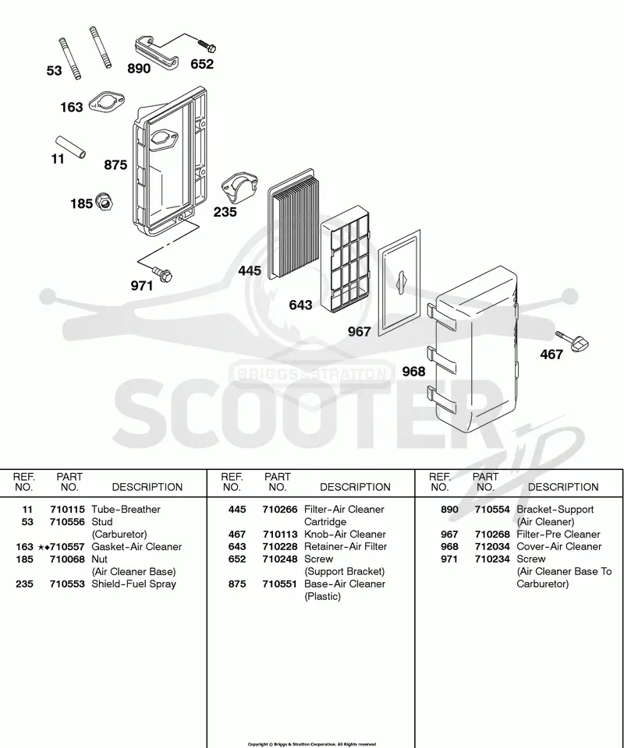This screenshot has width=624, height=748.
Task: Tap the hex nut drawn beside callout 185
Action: pos(105,202)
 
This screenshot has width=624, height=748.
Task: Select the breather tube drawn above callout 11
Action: pos(69,147)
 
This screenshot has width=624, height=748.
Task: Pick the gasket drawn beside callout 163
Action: pos(107,102)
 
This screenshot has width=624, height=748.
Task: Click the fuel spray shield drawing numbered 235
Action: pos(239,188)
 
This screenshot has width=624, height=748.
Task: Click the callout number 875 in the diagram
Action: pos(115,164)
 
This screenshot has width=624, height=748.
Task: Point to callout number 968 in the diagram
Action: pos(413,371)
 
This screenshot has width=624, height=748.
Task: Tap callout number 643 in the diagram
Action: pos(300,305)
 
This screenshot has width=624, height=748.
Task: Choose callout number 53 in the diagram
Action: pos(54,71)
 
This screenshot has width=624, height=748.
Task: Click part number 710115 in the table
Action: pos(67,510)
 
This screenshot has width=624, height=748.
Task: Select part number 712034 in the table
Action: pos(492,547)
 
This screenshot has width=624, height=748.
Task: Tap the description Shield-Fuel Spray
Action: pos(133,584)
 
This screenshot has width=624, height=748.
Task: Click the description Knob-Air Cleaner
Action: pos(345,535)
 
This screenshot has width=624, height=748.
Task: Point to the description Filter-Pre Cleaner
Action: pos(558,535)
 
